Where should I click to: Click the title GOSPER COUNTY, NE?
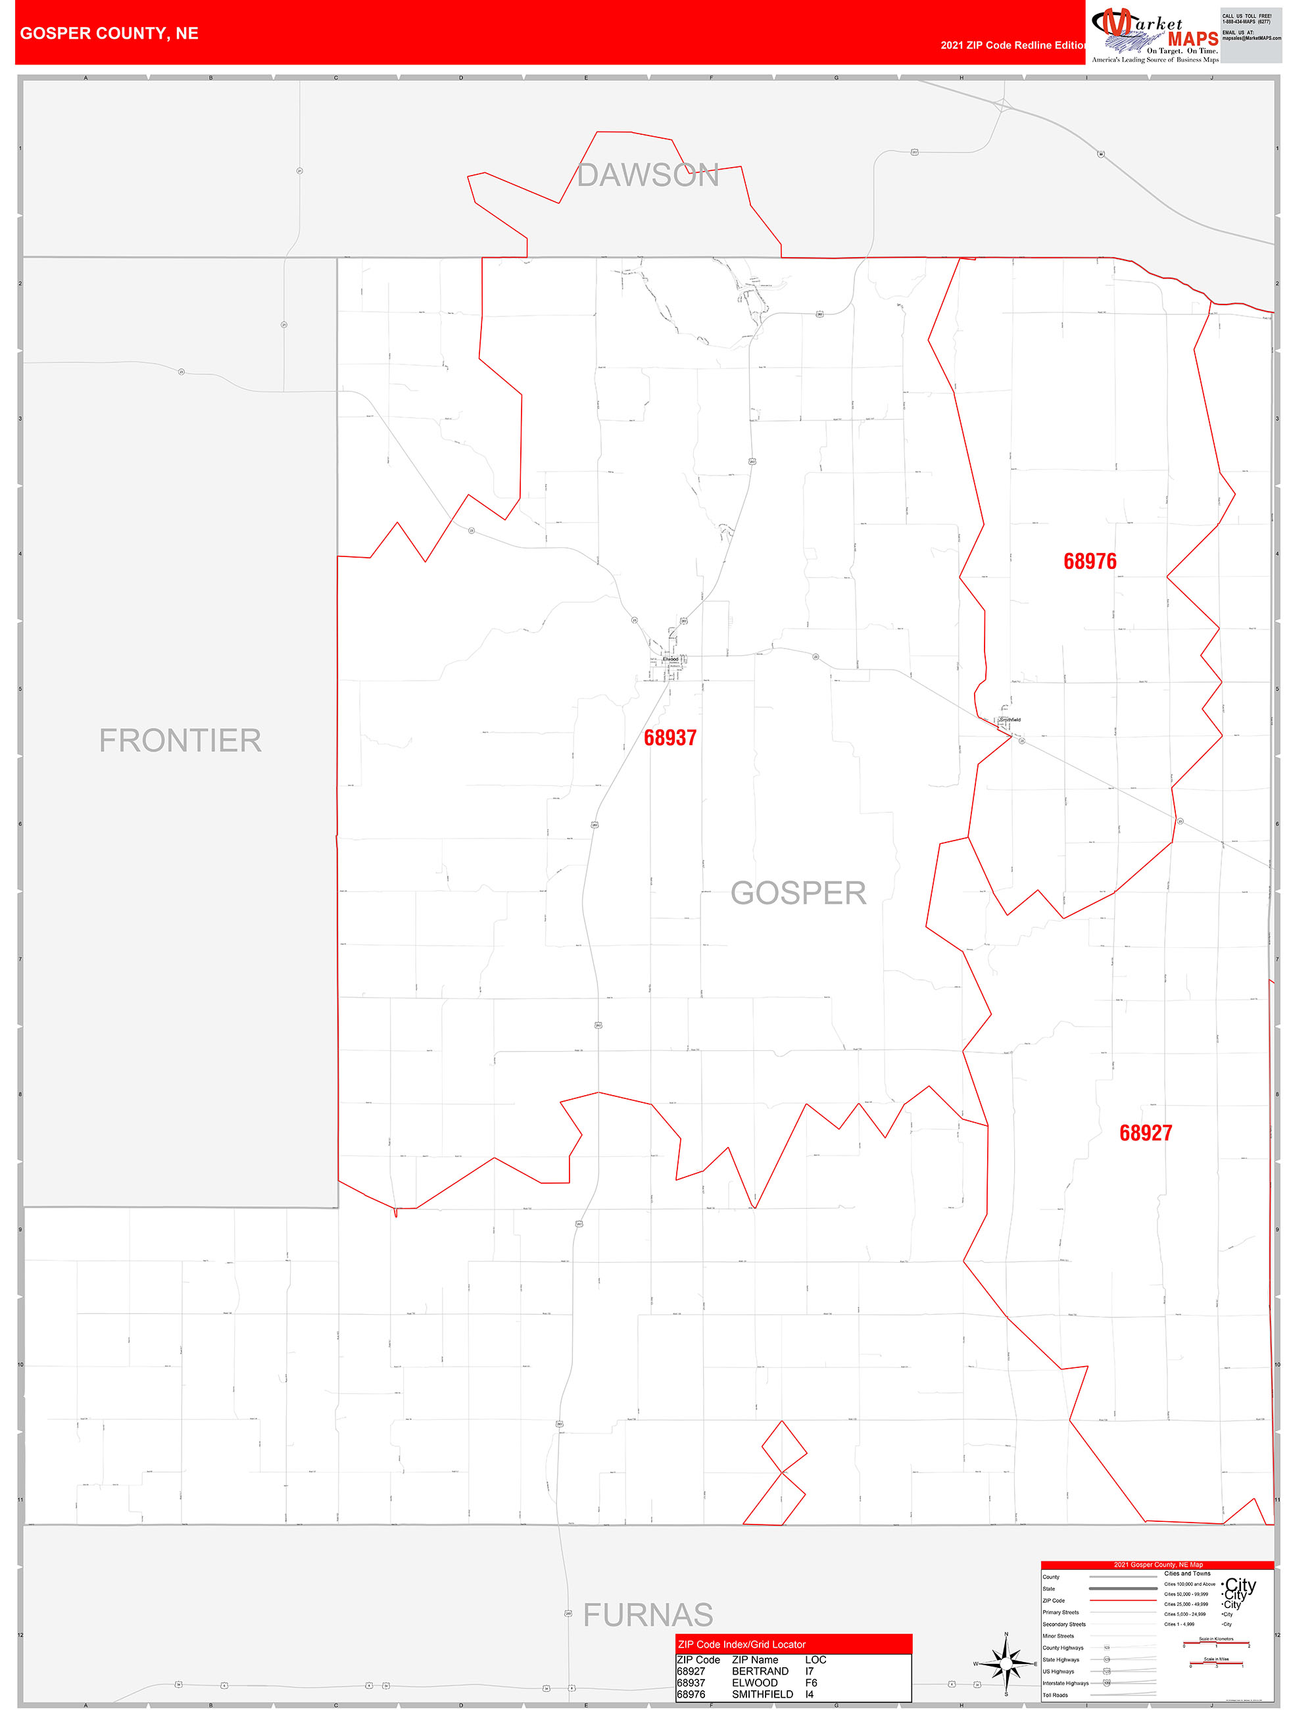pyautogui.click(x=109, y=34)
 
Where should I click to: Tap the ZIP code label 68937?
pyautogui.click(x=670, y=739)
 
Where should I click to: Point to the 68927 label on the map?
pyautogui.click(x=1145, y=1133)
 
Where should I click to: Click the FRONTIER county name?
pyautogui.click(x=180, y=741)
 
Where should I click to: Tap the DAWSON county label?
pyautogui.click(x=648, y=176)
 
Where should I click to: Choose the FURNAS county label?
pyautogui.click(x=648, y=1615)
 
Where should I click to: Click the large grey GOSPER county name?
pyautogui.click(x=798, y=893)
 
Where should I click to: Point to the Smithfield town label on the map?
pyautogui.click(x=1010, y=720)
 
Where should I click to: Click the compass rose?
pyautogui.click(x=1006, y=1663)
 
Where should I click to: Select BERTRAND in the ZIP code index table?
pyautogui.click(x=760, y=1671)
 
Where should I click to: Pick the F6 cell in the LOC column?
pyautogui.click(x=811, y=1682)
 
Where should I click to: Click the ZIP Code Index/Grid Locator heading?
pyautogui.click(x=741, y=1644)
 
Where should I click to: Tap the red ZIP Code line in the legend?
pyautogui.click(x=1123, y=1600)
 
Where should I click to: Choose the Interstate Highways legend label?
pyautogui.click(x=1065, y=1683)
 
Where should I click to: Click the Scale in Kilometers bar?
pyautogui.click(x=1215, y=1644)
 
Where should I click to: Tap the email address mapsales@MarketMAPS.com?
pyautogui.click(x=1251, y=38)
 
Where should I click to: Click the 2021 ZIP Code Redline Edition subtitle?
pyautogui.click(x=1013, y=45)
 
